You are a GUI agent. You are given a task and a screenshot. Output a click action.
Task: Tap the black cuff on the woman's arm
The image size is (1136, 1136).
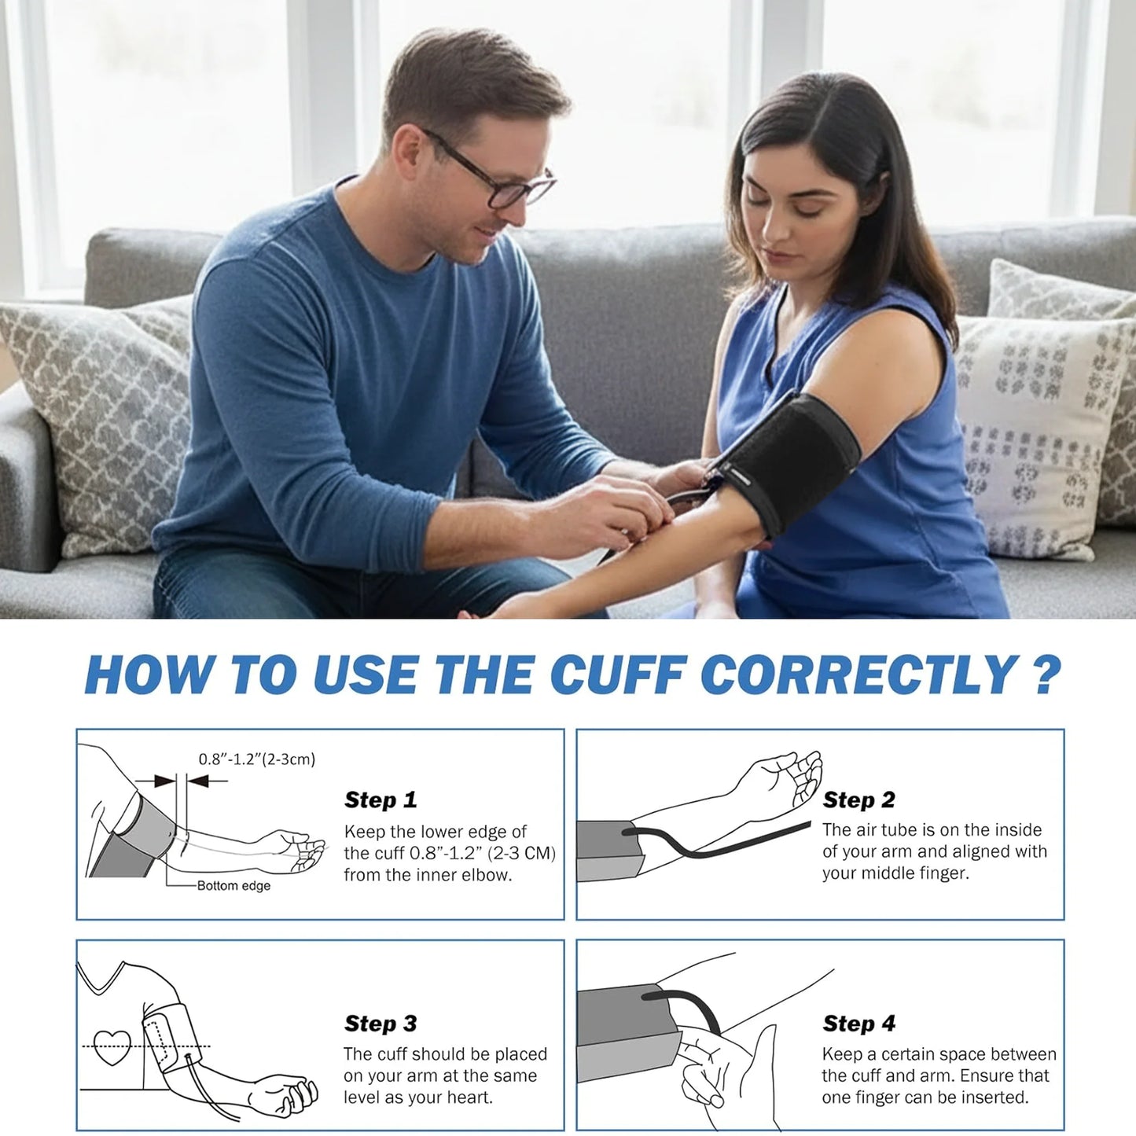pos(794,464)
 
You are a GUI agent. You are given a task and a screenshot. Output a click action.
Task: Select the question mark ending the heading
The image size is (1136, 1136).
pos(1046,675)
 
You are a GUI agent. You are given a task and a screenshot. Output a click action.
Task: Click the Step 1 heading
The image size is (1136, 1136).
pos(381,800)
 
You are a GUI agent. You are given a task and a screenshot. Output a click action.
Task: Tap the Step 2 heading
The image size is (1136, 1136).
pos(858,800)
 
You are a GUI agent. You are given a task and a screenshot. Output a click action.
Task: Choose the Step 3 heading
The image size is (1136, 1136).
pos(381,1023)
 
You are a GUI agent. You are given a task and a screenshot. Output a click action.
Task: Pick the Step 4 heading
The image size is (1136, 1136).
pos(858,1023)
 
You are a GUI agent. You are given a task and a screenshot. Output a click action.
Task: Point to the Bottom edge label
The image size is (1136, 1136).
pos(233,886)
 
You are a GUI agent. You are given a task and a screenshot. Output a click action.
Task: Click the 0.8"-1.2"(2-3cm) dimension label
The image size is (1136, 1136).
pos(256,759)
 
